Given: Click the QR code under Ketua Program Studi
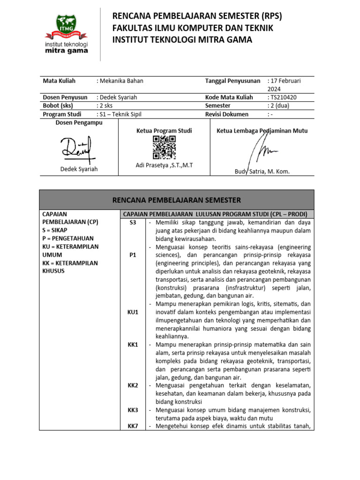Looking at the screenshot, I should point(164,147).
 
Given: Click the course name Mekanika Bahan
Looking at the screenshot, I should point(121,81).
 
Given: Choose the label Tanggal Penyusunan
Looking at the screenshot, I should point(233,81).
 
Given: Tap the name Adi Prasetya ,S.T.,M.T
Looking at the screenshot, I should point(164,165).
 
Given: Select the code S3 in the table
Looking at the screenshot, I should point(132,223).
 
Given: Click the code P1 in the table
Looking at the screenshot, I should point(132,255).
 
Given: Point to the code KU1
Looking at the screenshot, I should point(133,312).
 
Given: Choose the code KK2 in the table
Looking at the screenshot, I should point(133,385).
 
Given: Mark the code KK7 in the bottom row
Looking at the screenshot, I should point(133,426).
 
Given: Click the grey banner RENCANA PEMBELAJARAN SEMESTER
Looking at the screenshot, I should point(176,200).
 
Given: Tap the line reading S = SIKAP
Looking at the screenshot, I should point(59,230).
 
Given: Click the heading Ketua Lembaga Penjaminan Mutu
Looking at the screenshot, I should point(262,131).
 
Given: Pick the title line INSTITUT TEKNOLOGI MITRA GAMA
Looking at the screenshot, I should point(182,40).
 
